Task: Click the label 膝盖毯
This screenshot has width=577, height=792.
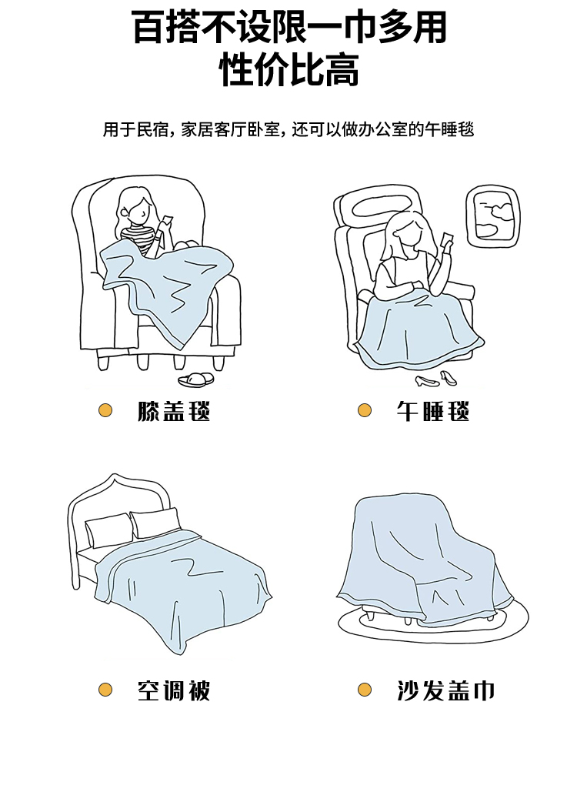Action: click(174, 411)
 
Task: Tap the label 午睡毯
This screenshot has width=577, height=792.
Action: click(433, 411)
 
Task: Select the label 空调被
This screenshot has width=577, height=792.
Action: click(174, 690)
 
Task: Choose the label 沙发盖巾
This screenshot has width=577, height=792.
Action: click(445, 690)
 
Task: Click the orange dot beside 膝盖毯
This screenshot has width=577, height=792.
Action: click(105, 410)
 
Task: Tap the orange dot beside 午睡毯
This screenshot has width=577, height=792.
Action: click(365, 410)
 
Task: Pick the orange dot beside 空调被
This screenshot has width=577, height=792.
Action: click(105, 690)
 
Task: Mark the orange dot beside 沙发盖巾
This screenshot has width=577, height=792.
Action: click(365, 690)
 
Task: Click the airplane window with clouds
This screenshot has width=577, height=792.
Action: click(492, 216)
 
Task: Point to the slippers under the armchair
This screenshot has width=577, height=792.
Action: click(196, 380)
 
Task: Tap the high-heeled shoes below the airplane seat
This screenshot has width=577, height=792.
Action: click(436, 379)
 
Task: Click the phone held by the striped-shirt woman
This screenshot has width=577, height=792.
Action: click(166, 222)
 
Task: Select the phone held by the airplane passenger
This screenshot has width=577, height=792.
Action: click(447, 238)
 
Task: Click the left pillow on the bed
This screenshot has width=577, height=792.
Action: click(108, 530)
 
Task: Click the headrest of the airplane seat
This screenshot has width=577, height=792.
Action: click(378, 206)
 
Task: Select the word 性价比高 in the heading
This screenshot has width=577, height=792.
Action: click(289, 69)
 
